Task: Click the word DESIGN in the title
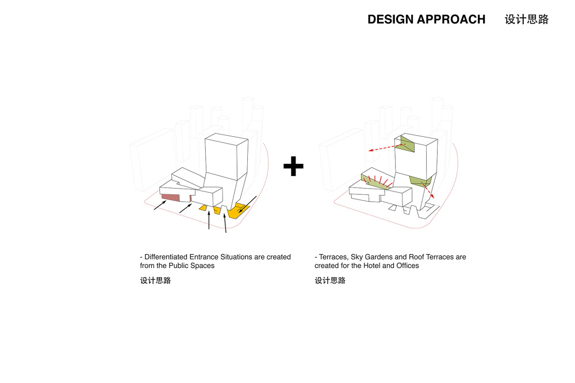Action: pos(390,20)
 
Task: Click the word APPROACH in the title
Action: pos(451,20)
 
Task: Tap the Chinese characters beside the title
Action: pos(527,20)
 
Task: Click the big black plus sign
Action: pos(293,166)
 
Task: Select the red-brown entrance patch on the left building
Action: pos(170,198)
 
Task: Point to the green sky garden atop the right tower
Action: pos(407,144)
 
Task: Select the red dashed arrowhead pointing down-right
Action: pos(433,197)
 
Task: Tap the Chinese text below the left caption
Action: pos(155,281)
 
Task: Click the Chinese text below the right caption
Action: pos(330,281)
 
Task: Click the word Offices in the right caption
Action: pos(408,266)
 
